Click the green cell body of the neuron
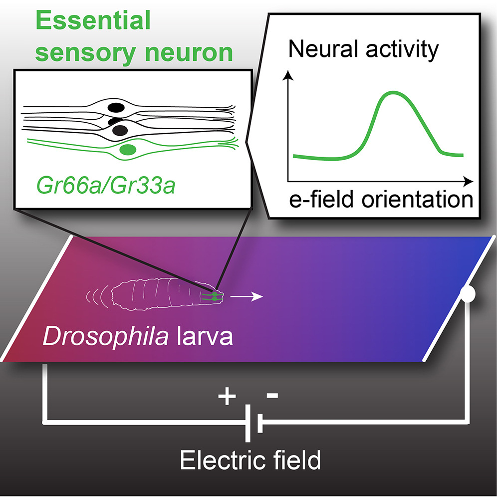[129, 149]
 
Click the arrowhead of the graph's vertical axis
[287, 75]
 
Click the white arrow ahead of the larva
[249, 298]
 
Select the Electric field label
[250, 461]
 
